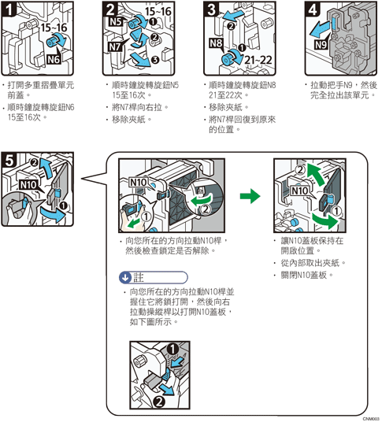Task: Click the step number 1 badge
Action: (x=9, y=9)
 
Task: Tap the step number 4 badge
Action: (x=313, y=9)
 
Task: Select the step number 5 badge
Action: (x=9, y=160)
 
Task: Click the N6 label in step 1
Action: (x=54, y=59)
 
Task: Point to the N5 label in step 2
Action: (x=116, y=21)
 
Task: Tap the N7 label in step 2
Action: (x=115, y=46)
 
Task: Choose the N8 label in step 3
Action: (x=216, y=43)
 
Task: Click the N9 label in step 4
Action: (x=321, y=44)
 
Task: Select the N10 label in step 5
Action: (x=28, y=185)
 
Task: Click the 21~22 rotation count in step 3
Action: (x=258, y=60)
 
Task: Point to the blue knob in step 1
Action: (x=52, y=41)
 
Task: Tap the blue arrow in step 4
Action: (x=320, y=30)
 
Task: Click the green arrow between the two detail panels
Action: (x=250, y=196)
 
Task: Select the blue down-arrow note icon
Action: (x=125, y=277)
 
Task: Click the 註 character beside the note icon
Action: (x=139, y=277)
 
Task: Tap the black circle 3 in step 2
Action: (x=155, y=60)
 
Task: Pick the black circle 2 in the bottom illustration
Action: (x=159, y=402)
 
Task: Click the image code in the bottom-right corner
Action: (x=371, y=419)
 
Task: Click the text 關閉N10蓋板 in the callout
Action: (x=304, y=275)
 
